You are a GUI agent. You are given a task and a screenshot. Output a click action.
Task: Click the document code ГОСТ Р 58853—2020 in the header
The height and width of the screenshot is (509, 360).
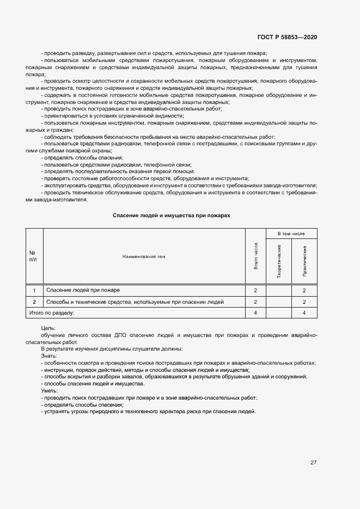(286, 37)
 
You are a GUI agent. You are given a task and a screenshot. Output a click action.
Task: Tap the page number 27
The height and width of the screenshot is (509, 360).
(313, 463)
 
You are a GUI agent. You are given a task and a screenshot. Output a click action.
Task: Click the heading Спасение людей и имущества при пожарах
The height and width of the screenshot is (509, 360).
(172, 216)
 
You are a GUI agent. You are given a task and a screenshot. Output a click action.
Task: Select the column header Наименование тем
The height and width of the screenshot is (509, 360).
(144, 256)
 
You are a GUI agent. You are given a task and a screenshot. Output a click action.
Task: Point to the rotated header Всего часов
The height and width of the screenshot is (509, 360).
(255, 256)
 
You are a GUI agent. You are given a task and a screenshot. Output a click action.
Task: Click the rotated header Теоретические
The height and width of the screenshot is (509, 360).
(279, 262)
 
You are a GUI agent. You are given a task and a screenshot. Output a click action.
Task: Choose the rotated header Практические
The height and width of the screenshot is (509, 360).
(304, 262)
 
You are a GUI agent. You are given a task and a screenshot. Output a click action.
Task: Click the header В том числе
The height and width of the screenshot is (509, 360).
(291, 234)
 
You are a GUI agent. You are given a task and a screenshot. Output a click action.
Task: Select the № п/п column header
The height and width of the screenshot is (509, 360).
(33, 256)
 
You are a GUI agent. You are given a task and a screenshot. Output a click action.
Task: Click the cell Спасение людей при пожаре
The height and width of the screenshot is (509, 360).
(83, 290)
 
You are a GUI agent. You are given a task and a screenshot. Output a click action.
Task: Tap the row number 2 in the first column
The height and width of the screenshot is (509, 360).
(34, 302)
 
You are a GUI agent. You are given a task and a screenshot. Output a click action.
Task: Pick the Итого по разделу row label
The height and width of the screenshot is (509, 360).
(50, 313)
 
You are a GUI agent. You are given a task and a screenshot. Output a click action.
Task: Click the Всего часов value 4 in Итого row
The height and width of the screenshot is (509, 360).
(255, 313)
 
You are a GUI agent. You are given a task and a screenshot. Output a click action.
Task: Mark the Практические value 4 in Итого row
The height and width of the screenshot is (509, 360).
(304, 313)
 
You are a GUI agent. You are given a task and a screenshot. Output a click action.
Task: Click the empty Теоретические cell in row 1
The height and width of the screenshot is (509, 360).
(279, 290)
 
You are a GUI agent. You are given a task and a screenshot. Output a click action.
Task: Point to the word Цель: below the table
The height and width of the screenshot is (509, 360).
(48, 329)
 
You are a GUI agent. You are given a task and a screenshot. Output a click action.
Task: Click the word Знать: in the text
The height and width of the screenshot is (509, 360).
(48, 355)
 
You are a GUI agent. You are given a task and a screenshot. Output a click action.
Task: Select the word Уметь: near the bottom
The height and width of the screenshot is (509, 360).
(49, 391)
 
